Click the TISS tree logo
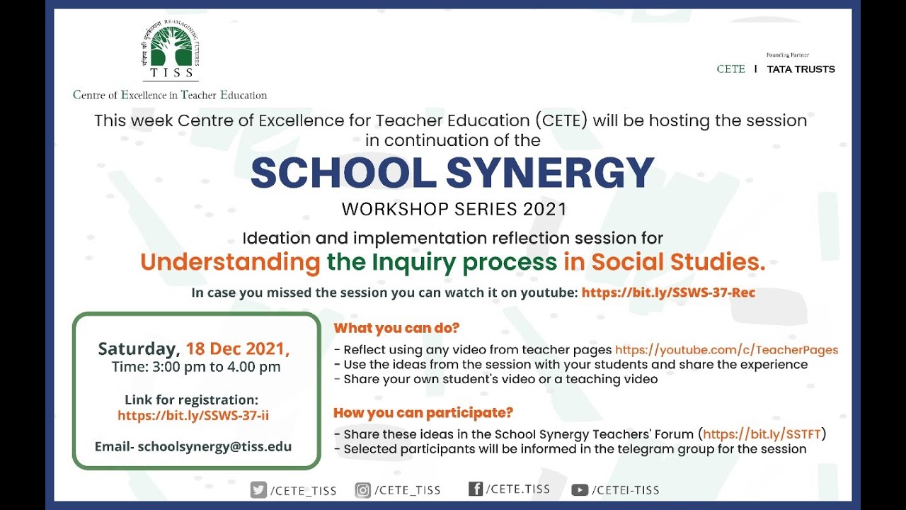(x=171, y=51)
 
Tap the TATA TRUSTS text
(x=801, y=69)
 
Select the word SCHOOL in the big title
(x=343, y=172)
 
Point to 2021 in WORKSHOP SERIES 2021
(x=545, y=210)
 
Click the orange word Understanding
(x=230, y=262)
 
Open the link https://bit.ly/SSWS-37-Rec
(x=668, y=293)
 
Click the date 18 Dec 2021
(x=237, y=349)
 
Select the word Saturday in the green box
(x=138, y=349)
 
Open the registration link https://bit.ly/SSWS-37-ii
(x=193, y=416)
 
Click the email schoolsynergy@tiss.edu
(x=214, y=447)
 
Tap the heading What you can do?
(x=396, y=328)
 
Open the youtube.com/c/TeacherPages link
(x=726, y=350)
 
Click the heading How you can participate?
(x=423, y=412)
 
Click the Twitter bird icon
(x=258, y=489)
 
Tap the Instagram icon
(x=363, y=489)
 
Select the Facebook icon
(x=476, y=489)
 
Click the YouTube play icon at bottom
(x=580, y=489)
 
